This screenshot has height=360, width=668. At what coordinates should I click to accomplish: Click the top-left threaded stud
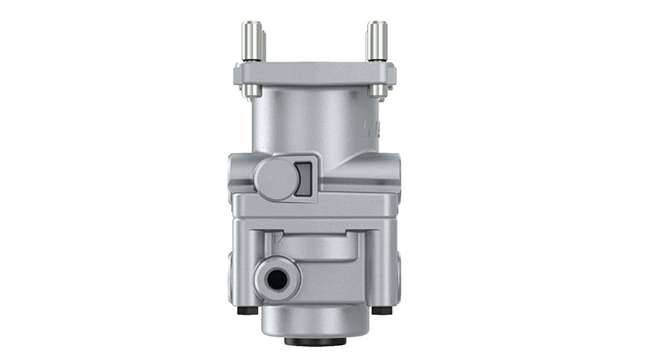(x=250, y=41)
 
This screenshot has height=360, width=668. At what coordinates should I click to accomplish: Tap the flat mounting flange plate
(x=315, y=74)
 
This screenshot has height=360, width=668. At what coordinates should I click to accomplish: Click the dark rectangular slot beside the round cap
(x=304, y=178)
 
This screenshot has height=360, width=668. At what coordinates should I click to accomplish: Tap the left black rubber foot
(x=244, y=311)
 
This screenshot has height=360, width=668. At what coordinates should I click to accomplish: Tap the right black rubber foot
(x=382, y=311)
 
